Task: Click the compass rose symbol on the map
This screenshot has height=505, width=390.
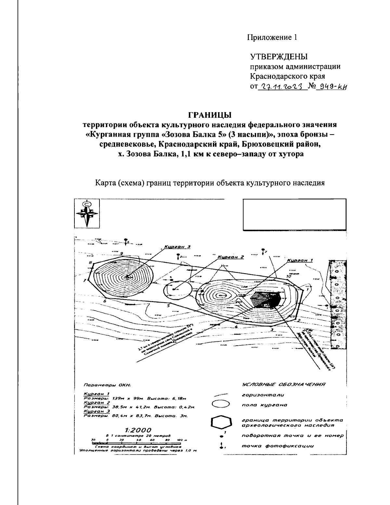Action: pos(87,214)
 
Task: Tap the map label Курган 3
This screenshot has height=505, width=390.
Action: pos(177,246)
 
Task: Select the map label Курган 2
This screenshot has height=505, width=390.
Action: pos(230,257)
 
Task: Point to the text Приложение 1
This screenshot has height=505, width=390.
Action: pos(272,37)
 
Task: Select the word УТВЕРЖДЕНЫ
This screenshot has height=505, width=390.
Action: pos(279,57)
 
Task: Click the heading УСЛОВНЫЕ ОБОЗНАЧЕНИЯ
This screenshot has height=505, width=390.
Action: pos(283,385)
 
